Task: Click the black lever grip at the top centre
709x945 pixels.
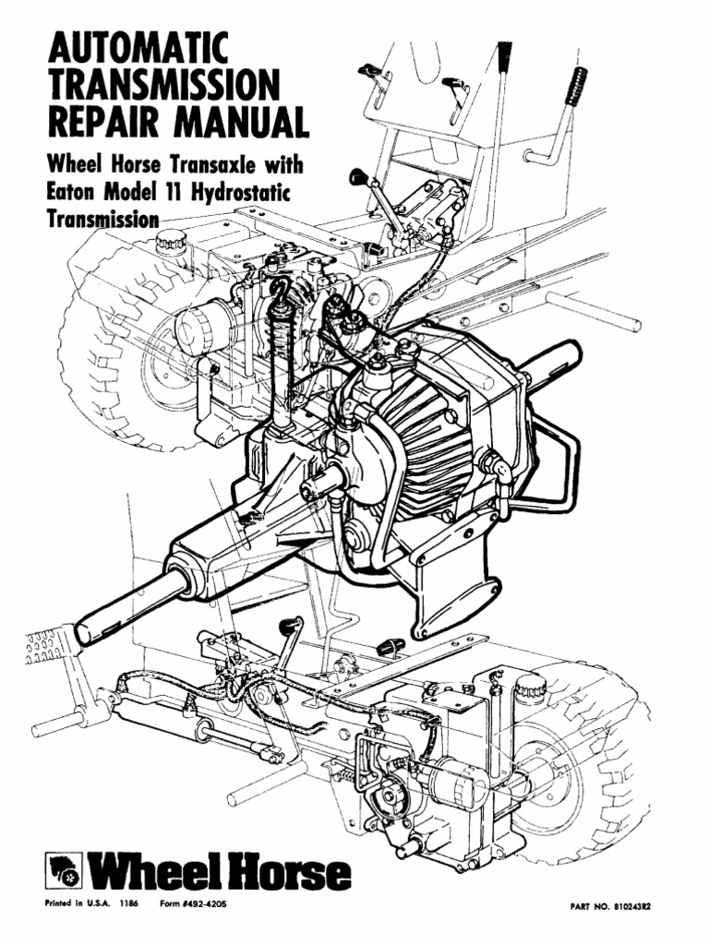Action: (504, 57)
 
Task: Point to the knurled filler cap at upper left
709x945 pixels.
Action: (171, 242)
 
